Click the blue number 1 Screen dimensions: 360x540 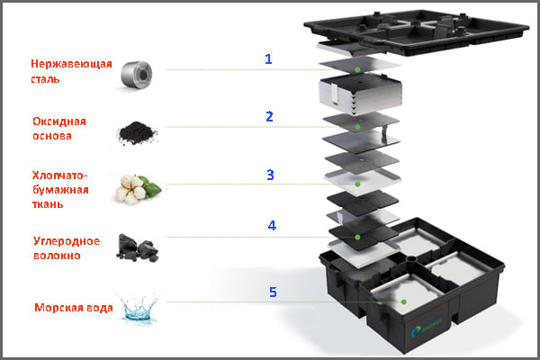(x=267, y=59)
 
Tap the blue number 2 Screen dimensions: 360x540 (x=268, y=117)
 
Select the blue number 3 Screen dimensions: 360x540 (x=271, y=174)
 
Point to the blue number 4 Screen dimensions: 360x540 (x=272, y=226)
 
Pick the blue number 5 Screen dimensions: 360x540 (x=271, y=292)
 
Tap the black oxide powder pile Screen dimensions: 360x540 (x=137, y=131)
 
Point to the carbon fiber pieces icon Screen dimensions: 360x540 (x=136, y=247)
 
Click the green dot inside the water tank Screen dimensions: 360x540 (x=404, y=301)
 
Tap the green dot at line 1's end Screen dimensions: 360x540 (x=357, y=68)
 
